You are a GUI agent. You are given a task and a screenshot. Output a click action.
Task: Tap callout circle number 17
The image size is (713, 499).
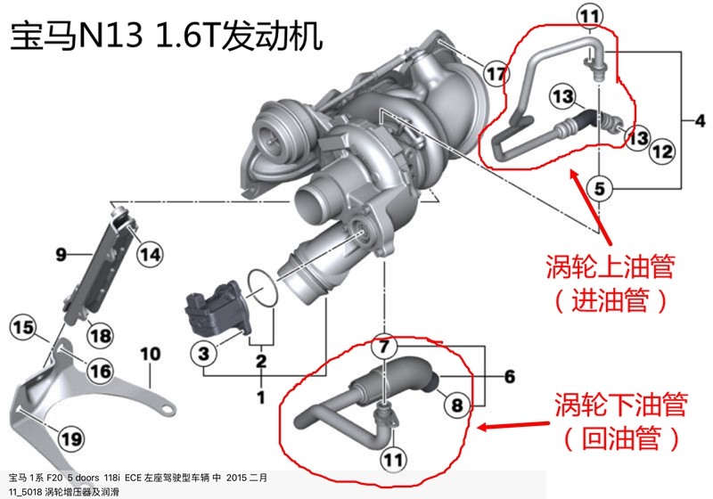pos(496,73)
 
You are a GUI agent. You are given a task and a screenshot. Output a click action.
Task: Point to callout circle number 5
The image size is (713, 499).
pos(600,188)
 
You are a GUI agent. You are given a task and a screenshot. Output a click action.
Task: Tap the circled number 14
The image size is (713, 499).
pos(150,255)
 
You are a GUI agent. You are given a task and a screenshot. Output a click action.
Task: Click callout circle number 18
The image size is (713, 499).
pos(100,335)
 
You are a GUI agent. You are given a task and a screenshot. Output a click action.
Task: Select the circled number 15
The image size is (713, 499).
pos(22,327)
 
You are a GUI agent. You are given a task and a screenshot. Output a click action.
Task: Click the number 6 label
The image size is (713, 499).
pos(509,377)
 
